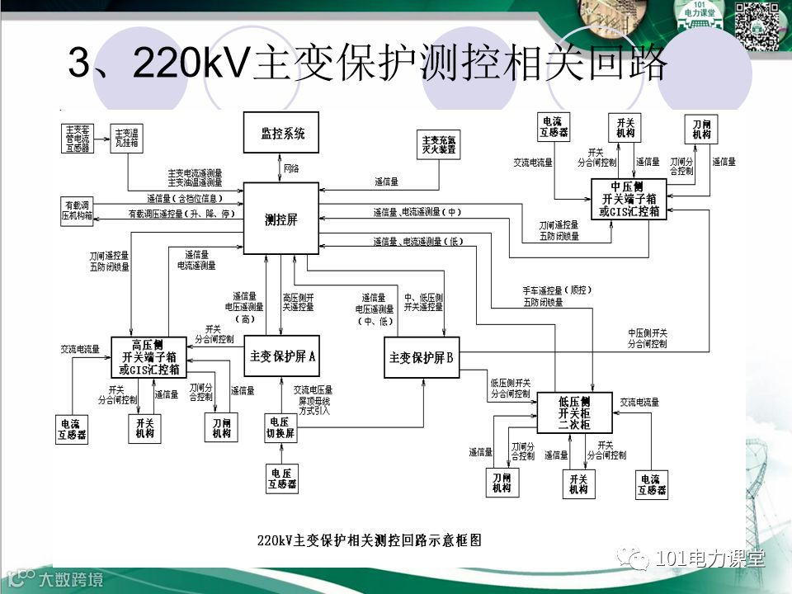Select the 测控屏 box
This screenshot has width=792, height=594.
coord(280,219)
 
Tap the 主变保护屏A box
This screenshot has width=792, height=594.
coord(283,357)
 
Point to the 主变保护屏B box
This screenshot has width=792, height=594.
coord(422,358)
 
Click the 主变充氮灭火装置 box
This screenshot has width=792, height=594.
coord(439,145)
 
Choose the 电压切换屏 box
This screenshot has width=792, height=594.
coord(280,427)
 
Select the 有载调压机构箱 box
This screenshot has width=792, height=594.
coord(78,210)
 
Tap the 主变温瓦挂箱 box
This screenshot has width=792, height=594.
coord(127,139)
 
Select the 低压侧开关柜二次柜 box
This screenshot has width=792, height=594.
coord(574,412)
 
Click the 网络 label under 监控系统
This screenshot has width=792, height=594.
coord(291,167)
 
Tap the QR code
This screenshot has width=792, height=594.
coord(757,25)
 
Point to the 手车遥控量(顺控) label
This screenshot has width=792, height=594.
coord(558,290)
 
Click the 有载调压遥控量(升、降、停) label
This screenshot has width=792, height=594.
coord(181,214)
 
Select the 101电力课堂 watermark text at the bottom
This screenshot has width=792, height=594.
coord(709,559)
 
